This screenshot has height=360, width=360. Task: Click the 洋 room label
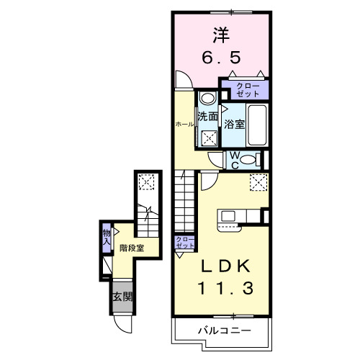coord(221,33)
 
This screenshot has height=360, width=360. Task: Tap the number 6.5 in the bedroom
coord(221,56)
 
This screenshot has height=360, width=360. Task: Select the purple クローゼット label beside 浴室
coord(243,90)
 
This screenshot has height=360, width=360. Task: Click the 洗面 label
coord(208,116)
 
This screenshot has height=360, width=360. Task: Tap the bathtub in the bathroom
coord(257,125)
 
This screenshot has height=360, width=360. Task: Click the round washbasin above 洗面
coord(207,99)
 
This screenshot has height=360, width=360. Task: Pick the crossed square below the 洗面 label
coord(210,138)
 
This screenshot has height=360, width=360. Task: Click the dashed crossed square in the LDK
coord(257,183)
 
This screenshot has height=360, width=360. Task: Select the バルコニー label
coord(225,330)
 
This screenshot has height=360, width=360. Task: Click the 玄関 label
coord(122,297)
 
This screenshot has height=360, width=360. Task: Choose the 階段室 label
coord(132,248)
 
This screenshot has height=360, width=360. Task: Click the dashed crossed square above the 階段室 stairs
coord(148,183)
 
